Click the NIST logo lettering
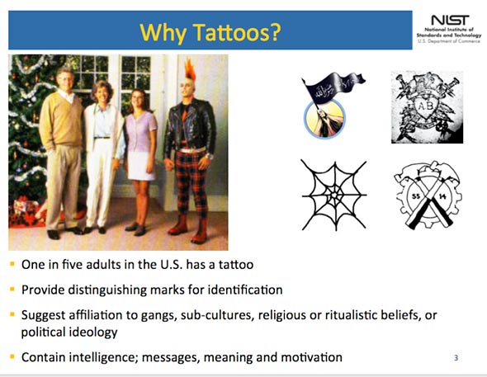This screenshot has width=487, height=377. point(450,21)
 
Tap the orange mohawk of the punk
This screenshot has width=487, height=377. point(190,69)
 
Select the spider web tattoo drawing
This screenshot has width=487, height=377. point(334,196)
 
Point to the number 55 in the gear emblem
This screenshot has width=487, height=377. point(416,196)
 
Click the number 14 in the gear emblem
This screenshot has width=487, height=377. point(442,196)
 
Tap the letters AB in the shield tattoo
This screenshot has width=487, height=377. point(425,106)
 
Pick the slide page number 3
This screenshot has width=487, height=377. point(456,358)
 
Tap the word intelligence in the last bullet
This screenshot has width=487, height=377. point(103,357)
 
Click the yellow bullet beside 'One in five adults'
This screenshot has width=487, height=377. point(12,264)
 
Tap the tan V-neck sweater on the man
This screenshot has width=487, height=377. point(61,120)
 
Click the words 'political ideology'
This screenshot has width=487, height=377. point(69,332)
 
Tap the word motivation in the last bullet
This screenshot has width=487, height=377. point(311,357)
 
